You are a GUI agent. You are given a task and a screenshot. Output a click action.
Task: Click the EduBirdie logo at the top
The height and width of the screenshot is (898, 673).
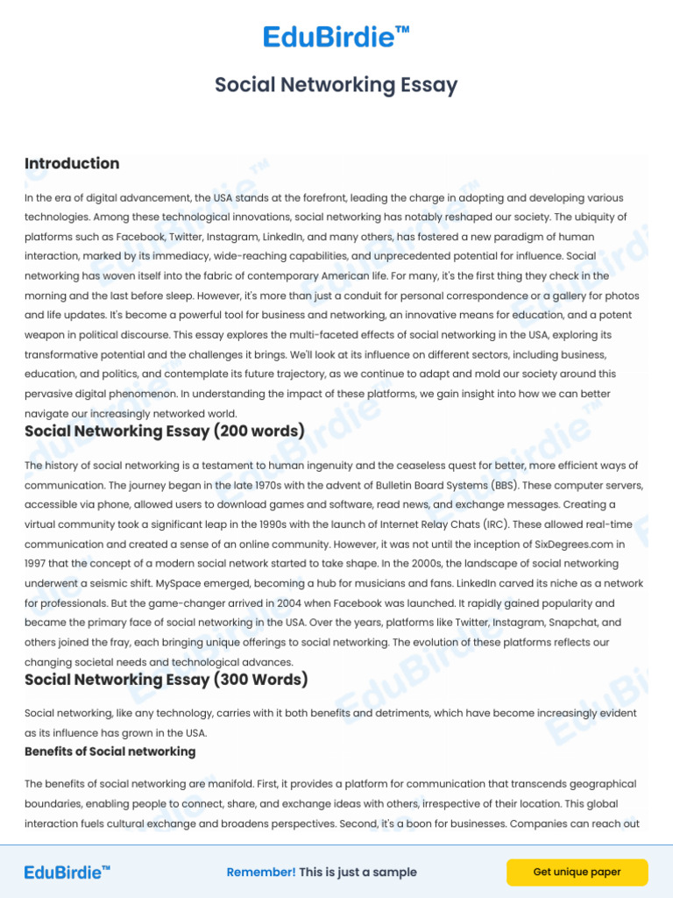pyautogui.click(x=336, y=37)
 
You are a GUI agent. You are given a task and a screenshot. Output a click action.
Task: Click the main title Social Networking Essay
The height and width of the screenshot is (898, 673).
pyautogui.click(x=336, y=85)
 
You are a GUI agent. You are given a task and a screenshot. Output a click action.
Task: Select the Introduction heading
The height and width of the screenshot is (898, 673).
pyautogui.click(x=72, y=164)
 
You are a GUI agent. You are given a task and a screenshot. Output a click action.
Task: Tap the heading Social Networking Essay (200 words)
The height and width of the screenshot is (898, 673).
pyautogui.click(x=165, y=431)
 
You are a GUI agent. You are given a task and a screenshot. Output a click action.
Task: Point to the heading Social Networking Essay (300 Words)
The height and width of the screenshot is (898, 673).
pyautogui.click(x=166, y=680)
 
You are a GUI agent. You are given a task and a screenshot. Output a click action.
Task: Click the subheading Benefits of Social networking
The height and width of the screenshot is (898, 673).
pyautogui.click(x=110, y=752)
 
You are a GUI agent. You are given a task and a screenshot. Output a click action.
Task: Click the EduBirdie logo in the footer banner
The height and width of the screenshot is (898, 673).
pyautogui.click(x=67, y=872)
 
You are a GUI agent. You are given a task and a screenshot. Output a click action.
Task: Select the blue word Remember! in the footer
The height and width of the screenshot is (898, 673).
pyautogui.click(x=261, y=873)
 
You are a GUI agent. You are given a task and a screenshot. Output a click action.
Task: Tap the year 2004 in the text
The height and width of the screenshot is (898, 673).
pyautogui.click(x=266, y=603)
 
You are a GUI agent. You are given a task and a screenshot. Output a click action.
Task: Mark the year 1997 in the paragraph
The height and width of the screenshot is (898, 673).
pyautogui.click(x=39, y=563)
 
